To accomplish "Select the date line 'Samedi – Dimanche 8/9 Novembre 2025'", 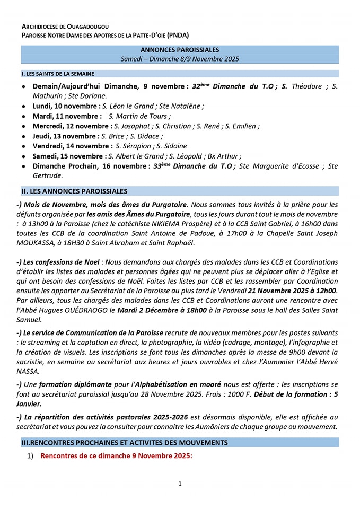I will pos(180,58).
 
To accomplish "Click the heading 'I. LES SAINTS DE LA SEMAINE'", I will pos(58,74).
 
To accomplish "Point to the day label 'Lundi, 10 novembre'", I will pos(66,106).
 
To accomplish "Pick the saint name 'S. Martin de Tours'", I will pos(139,116).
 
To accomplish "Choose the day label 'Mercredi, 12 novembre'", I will pos(72,126).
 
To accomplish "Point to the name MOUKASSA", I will pos(39,243).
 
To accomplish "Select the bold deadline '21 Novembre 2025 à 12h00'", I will pos(291,291).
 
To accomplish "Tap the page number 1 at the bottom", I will pos(180,484).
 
